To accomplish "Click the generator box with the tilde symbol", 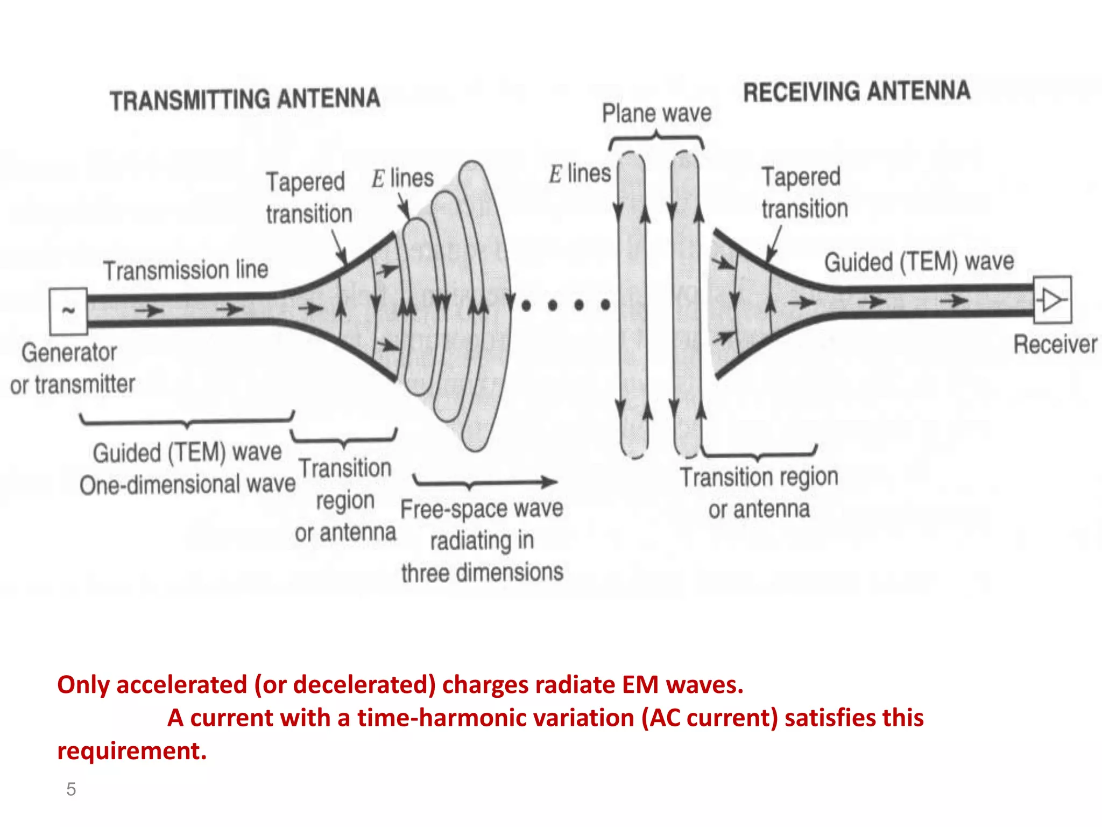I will coord(68,311).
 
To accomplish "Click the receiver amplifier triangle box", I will coord(1052,300).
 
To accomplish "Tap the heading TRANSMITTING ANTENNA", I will coord(245,100).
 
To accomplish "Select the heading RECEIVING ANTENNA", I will coord(856,92).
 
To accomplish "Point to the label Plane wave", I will coord(656,114).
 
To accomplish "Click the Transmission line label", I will coord(186,270).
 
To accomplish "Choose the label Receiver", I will coord(1055,345).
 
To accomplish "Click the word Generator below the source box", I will coord(69,353).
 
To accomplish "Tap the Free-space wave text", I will coord(482,509).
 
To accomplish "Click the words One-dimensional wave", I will coord(187,484).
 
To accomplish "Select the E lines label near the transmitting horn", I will coord(402,178).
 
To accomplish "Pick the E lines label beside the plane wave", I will coord(580,174).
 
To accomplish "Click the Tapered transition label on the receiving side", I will coord(804,193).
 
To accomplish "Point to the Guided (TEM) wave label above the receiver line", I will coord(919,262).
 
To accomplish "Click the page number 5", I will coord(71,789).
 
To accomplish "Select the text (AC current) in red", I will coord(710,718).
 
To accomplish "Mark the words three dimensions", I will coord(482,572).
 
